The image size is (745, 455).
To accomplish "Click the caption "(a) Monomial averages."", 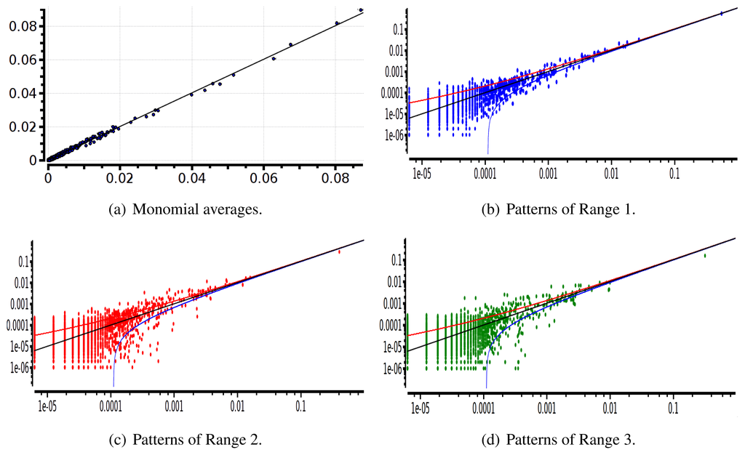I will pyautogui.click(x=185, y=210).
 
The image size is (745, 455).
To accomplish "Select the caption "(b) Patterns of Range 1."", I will pyautogui.click(x=559, y=210).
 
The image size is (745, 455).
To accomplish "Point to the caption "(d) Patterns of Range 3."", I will pyautogui.click(x=559, y=439).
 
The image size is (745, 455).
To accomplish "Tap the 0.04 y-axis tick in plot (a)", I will pyautogui.click(x=22, y=93).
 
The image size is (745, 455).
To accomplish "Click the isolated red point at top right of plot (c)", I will pyautogui.click(x=339, y=251).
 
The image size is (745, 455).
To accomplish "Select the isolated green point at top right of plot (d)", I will pyautogui.click(x=704, y=255).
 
